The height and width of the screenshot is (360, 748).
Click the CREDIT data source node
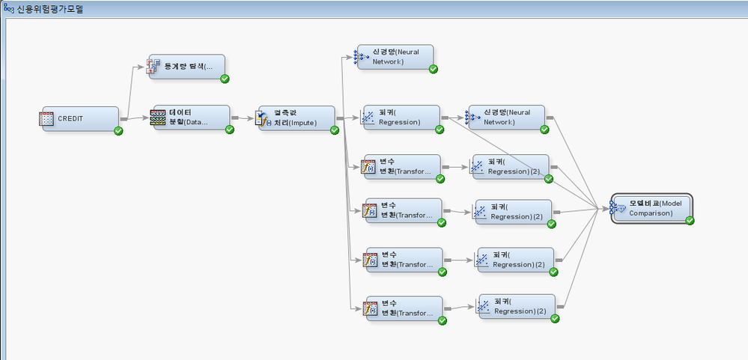[80, 118]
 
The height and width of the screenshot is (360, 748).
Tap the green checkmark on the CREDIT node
[118, 131]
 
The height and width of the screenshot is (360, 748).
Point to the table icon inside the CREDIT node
[46, 118]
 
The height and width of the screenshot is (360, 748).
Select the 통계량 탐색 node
[186, 66]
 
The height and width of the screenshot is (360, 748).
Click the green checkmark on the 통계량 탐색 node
[225, 79]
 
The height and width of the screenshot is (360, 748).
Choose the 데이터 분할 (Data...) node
[192, 117]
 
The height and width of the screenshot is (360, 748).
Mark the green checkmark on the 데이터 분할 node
[230, 129]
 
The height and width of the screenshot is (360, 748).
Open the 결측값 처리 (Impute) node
[297, 118]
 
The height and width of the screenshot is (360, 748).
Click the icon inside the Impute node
[263, 118]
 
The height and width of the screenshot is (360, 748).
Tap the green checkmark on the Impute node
[335, 130]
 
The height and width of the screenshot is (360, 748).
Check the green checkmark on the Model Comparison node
[690, 221]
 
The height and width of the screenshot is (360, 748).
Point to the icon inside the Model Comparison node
[618, 208]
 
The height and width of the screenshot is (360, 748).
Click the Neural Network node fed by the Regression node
[506, 117]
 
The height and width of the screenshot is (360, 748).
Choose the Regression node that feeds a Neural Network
[401, 117]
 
